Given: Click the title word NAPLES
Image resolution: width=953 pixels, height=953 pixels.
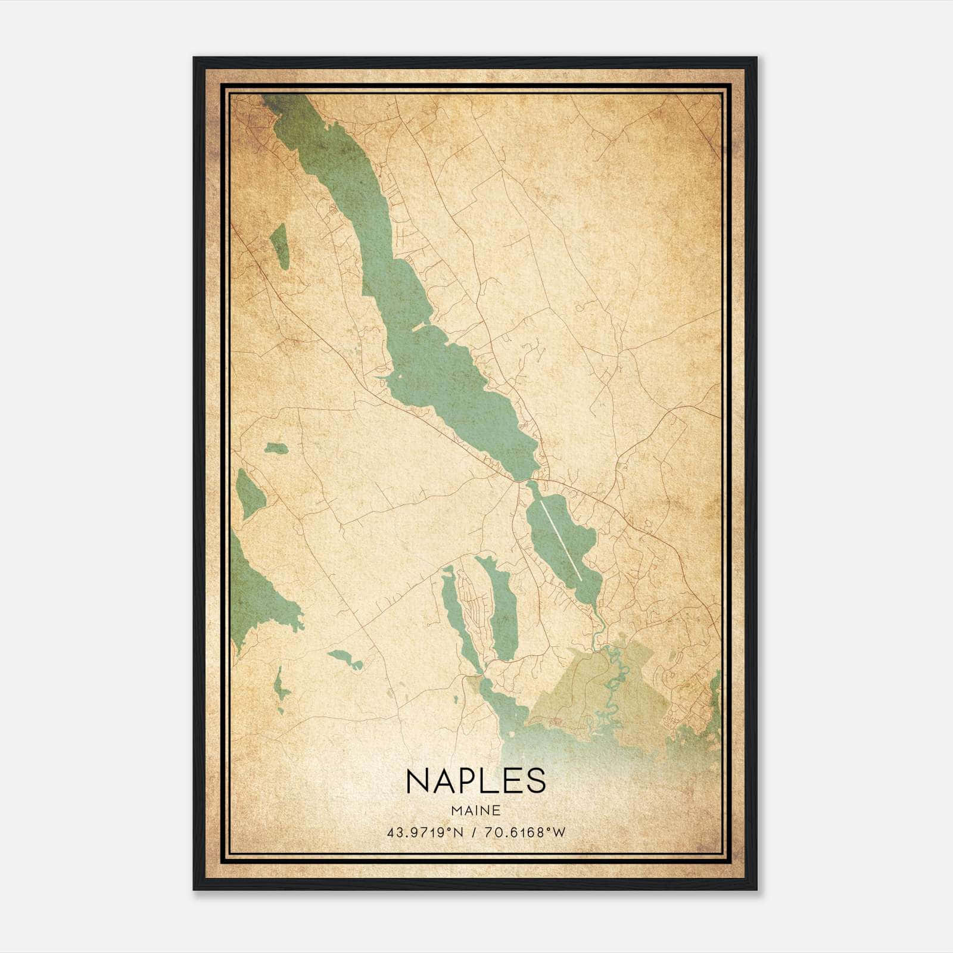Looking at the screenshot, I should (475, 780).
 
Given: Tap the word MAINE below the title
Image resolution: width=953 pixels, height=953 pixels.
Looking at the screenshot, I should (475, 810).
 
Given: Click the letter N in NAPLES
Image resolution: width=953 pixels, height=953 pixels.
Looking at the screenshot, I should (418, 780).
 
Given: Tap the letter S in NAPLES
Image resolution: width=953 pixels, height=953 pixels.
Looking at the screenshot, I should (534, 780).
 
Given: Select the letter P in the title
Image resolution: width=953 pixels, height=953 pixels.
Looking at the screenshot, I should (468, 780).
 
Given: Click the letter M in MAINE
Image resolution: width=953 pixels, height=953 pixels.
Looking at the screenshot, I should (456, 810).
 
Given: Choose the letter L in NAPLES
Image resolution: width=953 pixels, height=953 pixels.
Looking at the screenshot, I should (489, 780).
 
